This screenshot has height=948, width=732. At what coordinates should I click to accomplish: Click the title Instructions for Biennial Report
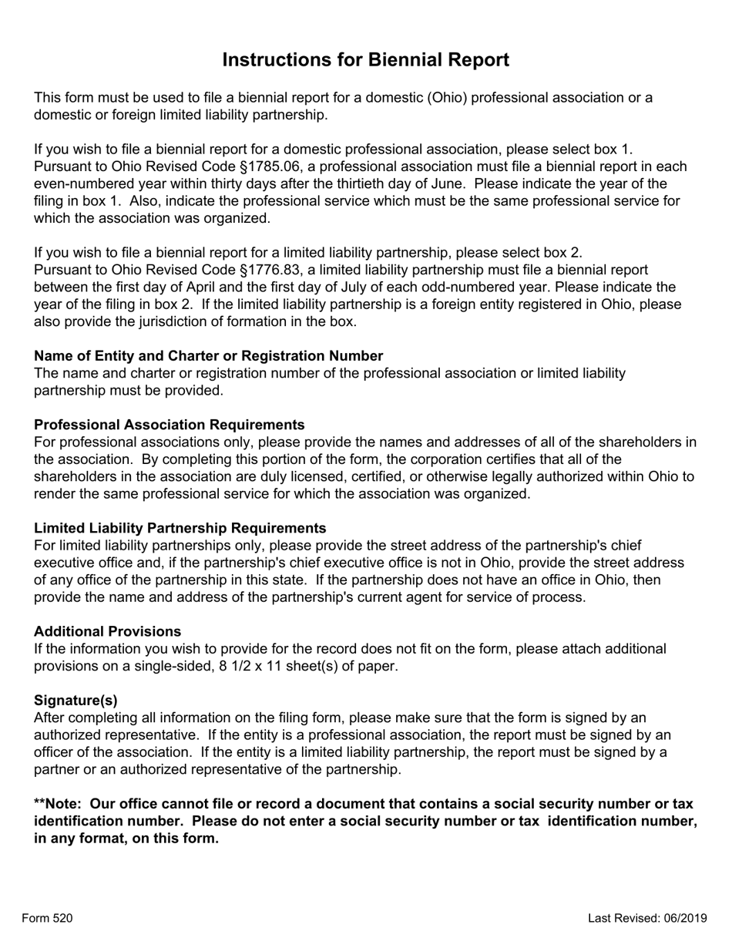[365, 60]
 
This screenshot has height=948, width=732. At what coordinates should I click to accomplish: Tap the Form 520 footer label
[47, 918]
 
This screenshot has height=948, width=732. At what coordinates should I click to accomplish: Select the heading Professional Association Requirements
[169, 425]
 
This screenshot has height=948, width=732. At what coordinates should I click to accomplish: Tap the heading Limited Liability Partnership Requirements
[180, 528]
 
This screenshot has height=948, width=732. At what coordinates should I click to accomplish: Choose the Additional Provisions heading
[108, 631]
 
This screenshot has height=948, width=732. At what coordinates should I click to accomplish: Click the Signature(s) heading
[76, 700]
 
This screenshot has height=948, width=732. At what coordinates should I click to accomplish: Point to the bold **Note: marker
[58, 804]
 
